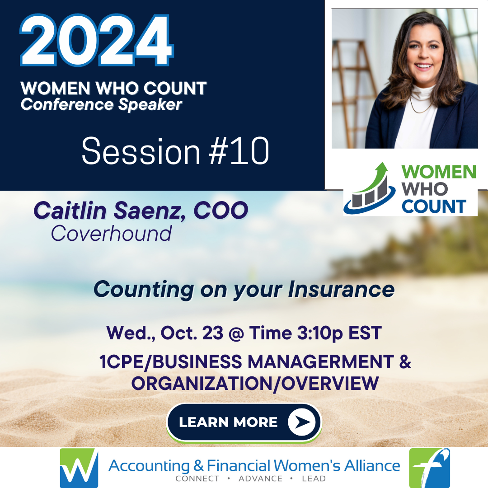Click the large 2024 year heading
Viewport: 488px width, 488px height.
pos(97,40)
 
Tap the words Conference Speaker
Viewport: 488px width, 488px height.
pos(102,104)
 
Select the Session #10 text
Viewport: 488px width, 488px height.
pos(175,151)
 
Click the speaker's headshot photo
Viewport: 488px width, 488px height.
pos(404,79)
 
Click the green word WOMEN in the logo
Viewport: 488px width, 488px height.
pos(438,172)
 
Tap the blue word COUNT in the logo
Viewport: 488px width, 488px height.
pos(434,206)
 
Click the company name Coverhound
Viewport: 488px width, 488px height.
pos(112,234)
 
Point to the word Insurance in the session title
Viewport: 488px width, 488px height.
pos(341,290)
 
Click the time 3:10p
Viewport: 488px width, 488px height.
pos(320,333)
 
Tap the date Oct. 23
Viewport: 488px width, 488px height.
pos(192,333)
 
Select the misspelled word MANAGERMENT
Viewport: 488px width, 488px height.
pos(321,362)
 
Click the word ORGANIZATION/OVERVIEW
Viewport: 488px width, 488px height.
pos(255,383)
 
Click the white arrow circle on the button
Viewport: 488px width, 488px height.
pos(301,422)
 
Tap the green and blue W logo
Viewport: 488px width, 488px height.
pos(79,468)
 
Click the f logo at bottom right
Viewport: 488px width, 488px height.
pos(430,468)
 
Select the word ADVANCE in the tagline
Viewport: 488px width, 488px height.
pos(261,479)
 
